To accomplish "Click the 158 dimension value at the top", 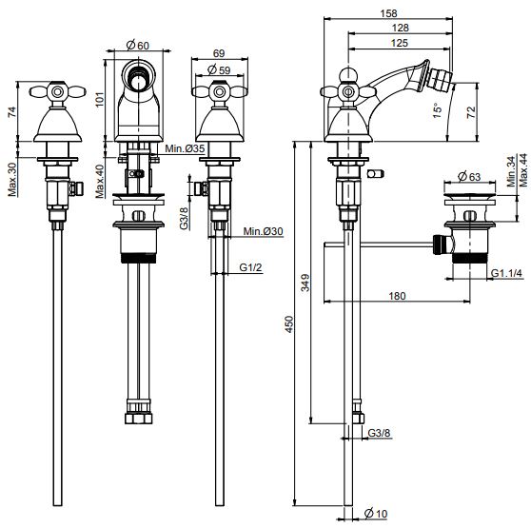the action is pos(388,13).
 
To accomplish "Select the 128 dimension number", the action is pos(401,28).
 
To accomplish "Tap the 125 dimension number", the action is pos(400,43).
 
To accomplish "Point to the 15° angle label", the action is pos(438,110).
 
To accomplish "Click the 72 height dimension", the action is pos(471,112).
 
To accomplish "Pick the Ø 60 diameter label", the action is pos(137,45).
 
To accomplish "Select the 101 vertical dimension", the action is pos(100,98).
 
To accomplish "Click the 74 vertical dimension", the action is pos(11,111).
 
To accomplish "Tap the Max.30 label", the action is pos(12,180).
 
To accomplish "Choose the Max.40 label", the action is pos(100,181).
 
